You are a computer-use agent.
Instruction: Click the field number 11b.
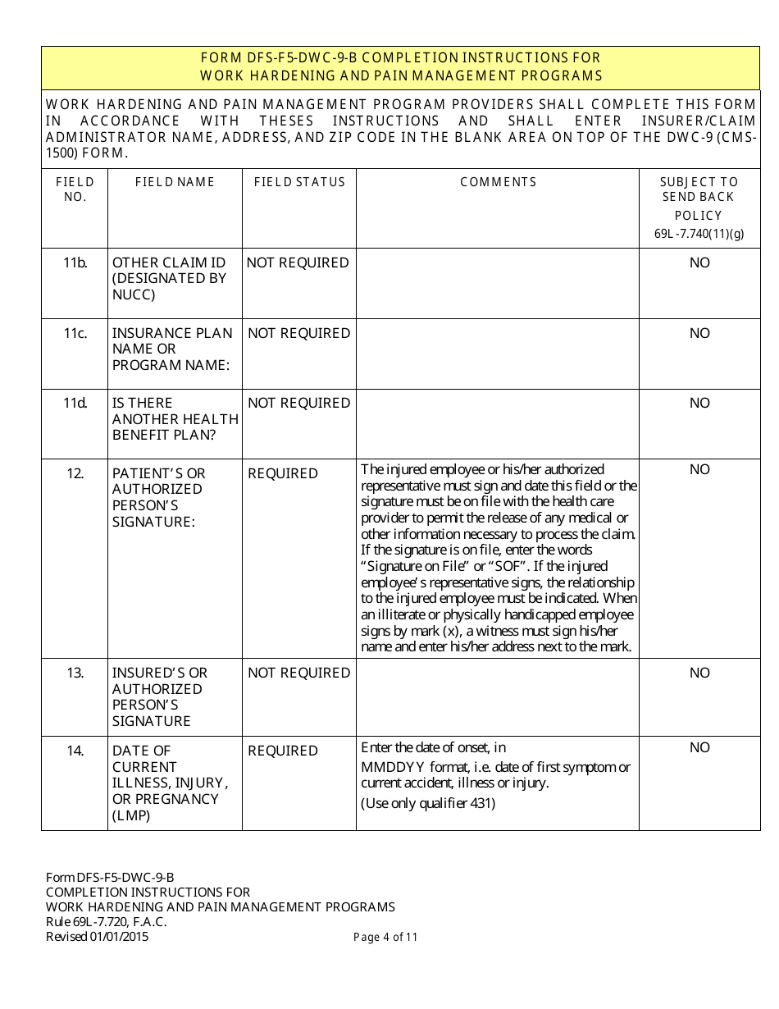pyautogui.click(x=75, y=263)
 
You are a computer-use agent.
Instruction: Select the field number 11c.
pyautogui.click(x=75, y=333)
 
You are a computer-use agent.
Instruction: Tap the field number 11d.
pyautogui.click(x=75, y=403)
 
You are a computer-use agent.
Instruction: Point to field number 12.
pyautogui.click(x=75, y=473)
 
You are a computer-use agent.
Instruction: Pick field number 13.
pyautogui.click(x=75, y=673)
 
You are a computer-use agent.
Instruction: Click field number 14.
pyautogui.click(x=75, y=751)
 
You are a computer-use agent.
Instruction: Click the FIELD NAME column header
pyautogui.click(x=175, y=182)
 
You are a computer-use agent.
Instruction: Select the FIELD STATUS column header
pyautogui.click(x=299, y=182)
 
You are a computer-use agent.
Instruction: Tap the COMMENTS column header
pyautogui.click(x=498, y=182)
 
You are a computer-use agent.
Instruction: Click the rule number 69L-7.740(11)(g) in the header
pyautogui.click(x=699, y=234)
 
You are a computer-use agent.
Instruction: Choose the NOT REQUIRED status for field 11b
pyautogui.click(x=298, y=263)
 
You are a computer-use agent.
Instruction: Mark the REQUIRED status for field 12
pyautogui.click(x=282, y=473)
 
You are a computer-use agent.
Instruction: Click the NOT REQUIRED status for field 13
pyautogui.click(x=298, y=673)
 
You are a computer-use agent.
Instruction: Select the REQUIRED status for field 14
pyautogui.click(x=282, y=751)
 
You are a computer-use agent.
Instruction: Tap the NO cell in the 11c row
pyautogui.click(x=699, y=333)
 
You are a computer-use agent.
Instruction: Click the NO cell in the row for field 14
pyautogui.click(x=699, y=747)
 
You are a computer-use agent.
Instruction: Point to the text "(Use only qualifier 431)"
pyautogui.click(x=428, y=803)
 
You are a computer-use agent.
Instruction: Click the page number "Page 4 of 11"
pyautogui.click(x=385, y=937)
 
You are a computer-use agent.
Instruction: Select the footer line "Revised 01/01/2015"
pyautogui.click(x=98, y=937)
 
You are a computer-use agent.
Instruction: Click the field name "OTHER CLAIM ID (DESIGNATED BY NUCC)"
pyautogui.click(x=169, y=278)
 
